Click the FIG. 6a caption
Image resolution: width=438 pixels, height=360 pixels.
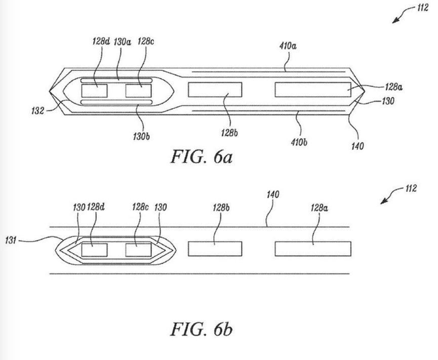tap(201, 156)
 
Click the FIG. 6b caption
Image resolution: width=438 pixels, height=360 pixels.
tap(201, 329)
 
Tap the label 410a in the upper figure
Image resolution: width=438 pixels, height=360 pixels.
tap(288, 46)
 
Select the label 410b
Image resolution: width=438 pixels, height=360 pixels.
tap(299, 142)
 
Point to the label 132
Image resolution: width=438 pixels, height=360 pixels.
tap(37, 111)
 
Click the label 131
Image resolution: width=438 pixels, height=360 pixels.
tap(11, 240)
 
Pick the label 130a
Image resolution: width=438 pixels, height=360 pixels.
tap(122, 42)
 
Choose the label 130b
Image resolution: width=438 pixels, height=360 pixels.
tap(141, 137)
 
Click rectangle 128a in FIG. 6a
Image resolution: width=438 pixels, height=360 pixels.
tap(313, 90)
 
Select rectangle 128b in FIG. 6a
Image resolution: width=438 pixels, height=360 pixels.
tap(215, 90)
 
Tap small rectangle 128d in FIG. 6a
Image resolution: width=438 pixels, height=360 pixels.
tap(94, 91)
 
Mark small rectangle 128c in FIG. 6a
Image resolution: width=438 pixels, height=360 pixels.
tap(138, 91)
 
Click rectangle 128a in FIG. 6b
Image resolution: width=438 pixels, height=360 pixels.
tap(313, 249)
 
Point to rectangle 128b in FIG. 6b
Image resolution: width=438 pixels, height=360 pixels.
tap(215, 249)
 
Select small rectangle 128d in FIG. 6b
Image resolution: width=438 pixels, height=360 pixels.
tap(94, 250)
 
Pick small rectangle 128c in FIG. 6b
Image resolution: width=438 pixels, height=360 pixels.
tap(138, 250)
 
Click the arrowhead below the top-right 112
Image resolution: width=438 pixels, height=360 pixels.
tap(396, 20)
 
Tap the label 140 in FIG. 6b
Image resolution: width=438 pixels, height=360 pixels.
tap(272, 194)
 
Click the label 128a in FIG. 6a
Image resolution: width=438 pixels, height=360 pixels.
tap(393, 87)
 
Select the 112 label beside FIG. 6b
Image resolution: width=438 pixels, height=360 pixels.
tap(411, 188)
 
